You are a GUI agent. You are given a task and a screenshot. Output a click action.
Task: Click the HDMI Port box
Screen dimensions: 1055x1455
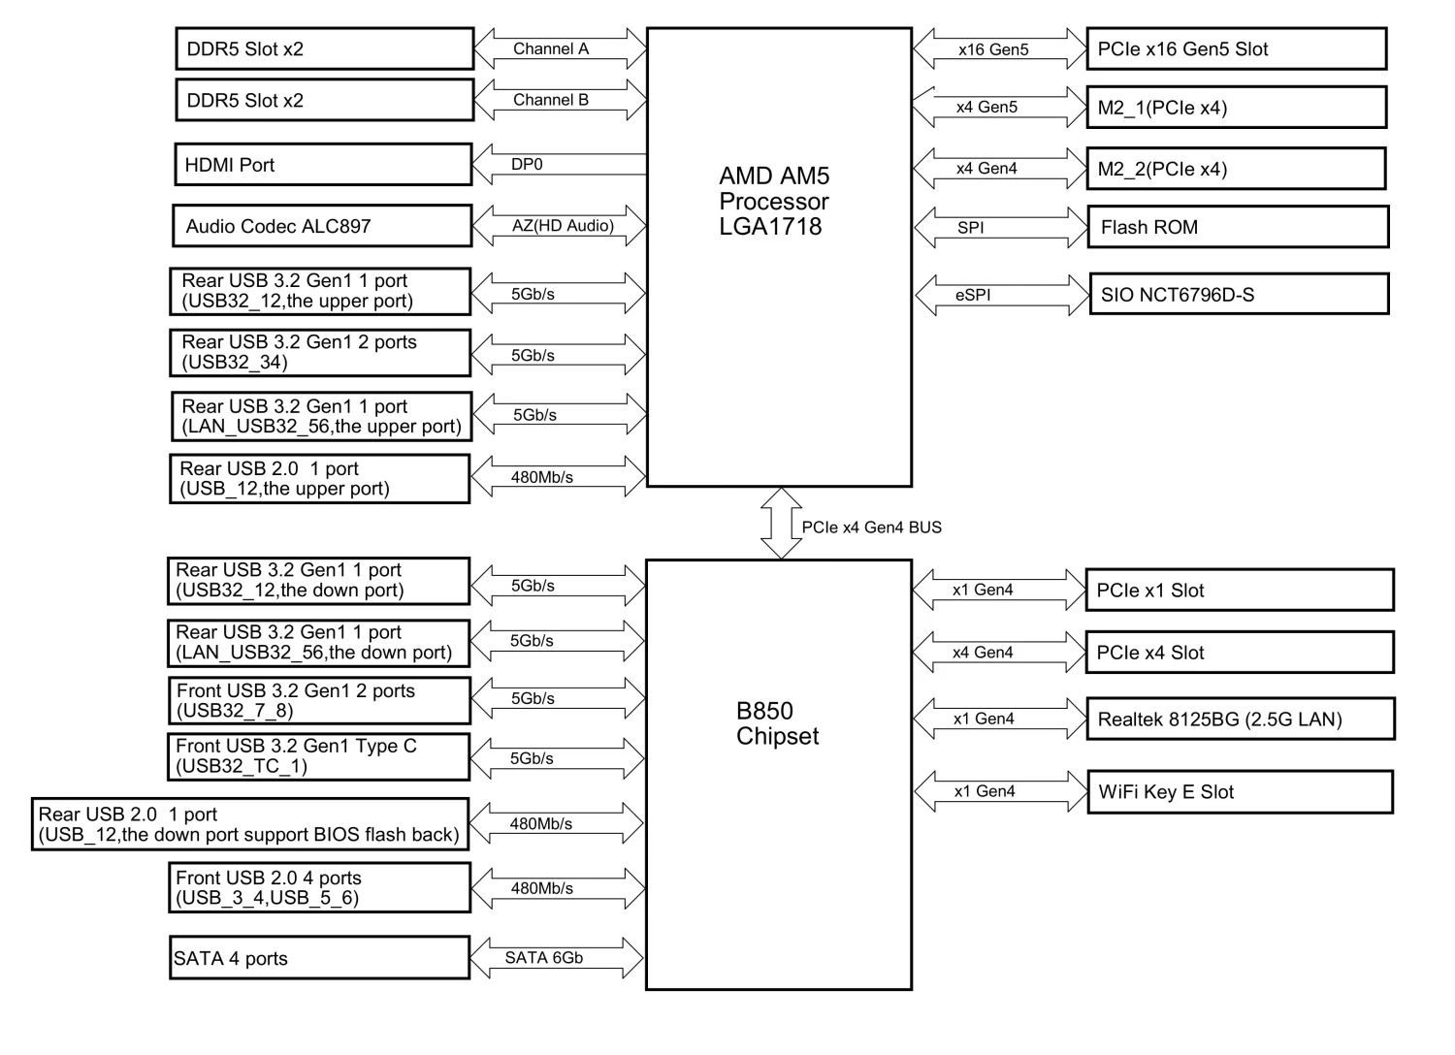coord(323,165)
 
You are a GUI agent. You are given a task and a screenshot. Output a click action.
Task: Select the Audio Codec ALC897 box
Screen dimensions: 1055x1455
coord(322,226)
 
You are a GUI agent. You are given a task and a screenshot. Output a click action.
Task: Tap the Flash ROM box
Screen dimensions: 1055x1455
coord(1238,227)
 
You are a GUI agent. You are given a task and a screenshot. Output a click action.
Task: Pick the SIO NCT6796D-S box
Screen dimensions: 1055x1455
coord(1239,295)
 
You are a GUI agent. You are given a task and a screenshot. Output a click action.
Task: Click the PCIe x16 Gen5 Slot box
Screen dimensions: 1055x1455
coord(1236,49)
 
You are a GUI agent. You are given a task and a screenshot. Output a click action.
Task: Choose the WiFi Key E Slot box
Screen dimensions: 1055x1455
coord(1240,792)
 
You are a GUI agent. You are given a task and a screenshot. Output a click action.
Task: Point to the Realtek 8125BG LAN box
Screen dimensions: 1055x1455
coord(1240,719)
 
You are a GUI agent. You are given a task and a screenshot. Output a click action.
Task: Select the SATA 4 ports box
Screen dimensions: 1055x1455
coord(319,958)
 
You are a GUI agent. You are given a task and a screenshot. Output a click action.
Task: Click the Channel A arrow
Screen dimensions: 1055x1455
coord(560,48)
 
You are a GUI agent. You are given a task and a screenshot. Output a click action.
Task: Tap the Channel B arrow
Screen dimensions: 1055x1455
coord(560,100)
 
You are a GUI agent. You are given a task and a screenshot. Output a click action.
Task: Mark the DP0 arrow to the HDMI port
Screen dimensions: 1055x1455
coord(560,165)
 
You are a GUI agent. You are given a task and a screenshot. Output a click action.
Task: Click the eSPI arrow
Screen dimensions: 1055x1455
coord(1002,295)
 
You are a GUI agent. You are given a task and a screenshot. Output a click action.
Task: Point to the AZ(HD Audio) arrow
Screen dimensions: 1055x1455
coord(560,226)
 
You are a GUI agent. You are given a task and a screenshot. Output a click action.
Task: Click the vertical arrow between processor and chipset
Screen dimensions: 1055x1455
coord(781,524)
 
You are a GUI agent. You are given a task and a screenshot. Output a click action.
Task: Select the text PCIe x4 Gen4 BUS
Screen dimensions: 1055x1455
coord(871,527)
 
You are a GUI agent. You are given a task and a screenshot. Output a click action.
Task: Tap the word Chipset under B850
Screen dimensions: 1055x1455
coord(777,736)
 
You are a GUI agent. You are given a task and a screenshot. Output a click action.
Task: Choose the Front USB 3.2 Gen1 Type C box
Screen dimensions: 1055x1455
coord(318,756)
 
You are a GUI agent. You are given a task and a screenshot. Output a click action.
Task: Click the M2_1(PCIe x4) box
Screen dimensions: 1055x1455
coord(1236,108)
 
